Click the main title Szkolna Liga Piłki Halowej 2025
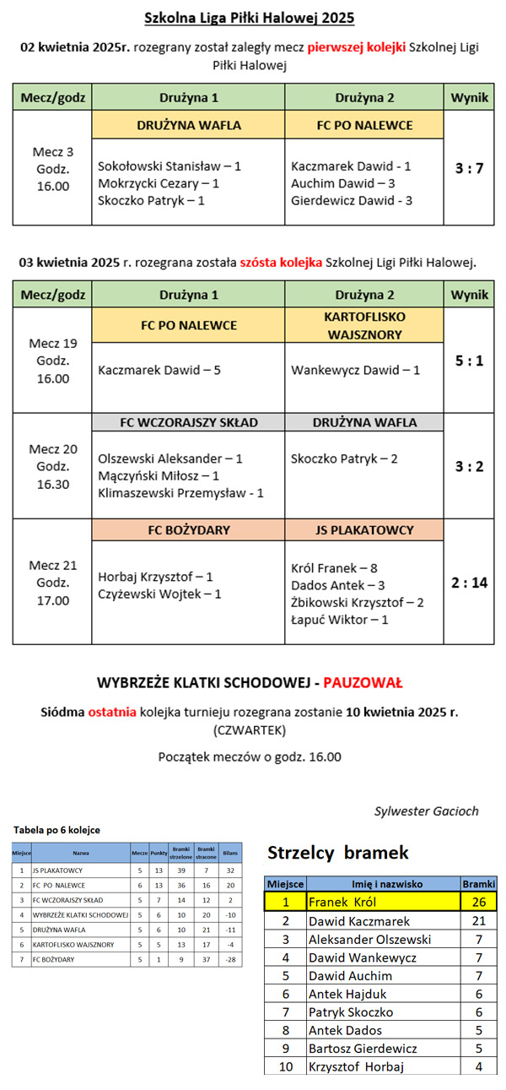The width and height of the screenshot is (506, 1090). pyautogui.click(x=250, y=18)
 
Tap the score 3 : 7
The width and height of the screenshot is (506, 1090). pyautogui.click(x=469, y=168)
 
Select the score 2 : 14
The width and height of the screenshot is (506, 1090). pyautogui.click(x=469, y=582)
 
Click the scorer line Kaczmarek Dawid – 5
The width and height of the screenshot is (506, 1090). pyautogui.click(x=159, y=370)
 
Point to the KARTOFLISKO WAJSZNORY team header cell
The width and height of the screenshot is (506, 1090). pyautogui.click(x=364, y=325)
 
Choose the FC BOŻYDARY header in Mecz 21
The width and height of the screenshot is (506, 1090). pyautogui.click(x=188, y=530)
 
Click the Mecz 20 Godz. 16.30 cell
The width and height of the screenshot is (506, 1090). pyautogui.click(x=52, y=466)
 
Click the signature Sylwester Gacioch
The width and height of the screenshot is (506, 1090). pyautogui.click(x=426, y=811)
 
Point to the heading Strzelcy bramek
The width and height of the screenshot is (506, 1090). pyautogui.click(x=337, y=852)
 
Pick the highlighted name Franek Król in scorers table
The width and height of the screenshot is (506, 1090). pyautogui.click(x=342, y=902)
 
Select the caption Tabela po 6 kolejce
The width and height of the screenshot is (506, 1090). pyautogui.click(x=57, y=830)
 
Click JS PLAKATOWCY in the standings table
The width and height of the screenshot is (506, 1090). pyautogui.click(x=57, y=869)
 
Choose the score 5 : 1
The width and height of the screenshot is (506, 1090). pyautogui.click(x=469, y=361)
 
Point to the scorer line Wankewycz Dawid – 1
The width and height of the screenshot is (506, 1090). pyautogui.click(x=355, y=370)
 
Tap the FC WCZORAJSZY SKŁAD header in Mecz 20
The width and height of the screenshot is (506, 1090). pyautogui.click(x=188, y=422)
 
